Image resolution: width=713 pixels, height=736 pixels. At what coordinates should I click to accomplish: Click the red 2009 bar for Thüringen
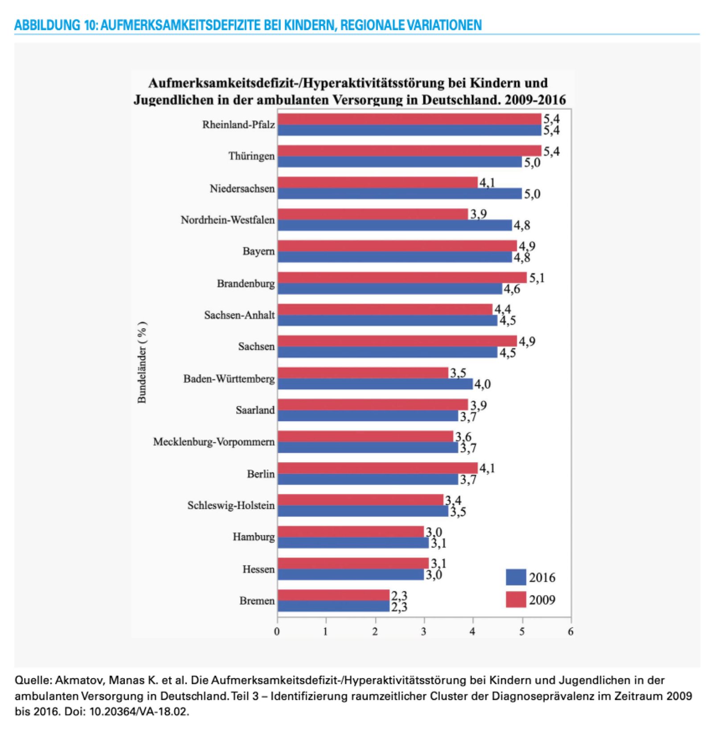tap(409, 150)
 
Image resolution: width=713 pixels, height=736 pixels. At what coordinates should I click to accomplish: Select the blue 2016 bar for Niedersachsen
tap(399, 194)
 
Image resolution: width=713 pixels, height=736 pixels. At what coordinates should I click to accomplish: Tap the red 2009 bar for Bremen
tap(333, 595)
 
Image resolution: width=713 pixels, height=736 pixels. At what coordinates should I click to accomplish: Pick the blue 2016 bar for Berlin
tap(368, 480)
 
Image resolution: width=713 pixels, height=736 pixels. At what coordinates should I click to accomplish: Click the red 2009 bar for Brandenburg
tap(402, 277)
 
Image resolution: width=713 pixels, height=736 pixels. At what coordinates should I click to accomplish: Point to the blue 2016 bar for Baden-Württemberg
tap(375, 384)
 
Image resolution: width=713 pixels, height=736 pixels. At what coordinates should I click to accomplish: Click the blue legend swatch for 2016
tap(516, 577)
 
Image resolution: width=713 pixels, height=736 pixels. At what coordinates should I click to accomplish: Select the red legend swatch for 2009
tap(516, 599)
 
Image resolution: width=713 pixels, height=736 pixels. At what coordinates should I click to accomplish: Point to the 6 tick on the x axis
tap(570, 631)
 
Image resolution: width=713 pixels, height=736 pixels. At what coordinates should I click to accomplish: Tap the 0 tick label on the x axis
tap(277, 631)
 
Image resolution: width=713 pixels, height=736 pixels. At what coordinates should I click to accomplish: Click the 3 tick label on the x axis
tap(424, 631)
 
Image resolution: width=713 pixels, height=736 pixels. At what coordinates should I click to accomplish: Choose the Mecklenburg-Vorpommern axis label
tap(214, 442)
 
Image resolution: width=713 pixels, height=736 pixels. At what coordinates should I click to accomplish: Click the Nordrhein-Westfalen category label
tap(228, 220)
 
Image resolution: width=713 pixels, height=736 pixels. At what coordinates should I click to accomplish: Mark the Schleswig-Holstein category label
tap(231, 505)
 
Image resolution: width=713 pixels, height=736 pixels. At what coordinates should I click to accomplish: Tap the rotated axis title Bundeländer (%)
tap(142, 362)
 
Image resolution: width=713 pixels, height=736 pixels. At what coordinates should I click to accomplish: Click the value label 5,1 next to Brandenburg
tap(537, 278)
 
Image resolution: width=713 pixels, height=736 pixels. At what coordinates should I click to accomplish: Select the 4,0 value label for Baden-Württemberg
tap(482, 384)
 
